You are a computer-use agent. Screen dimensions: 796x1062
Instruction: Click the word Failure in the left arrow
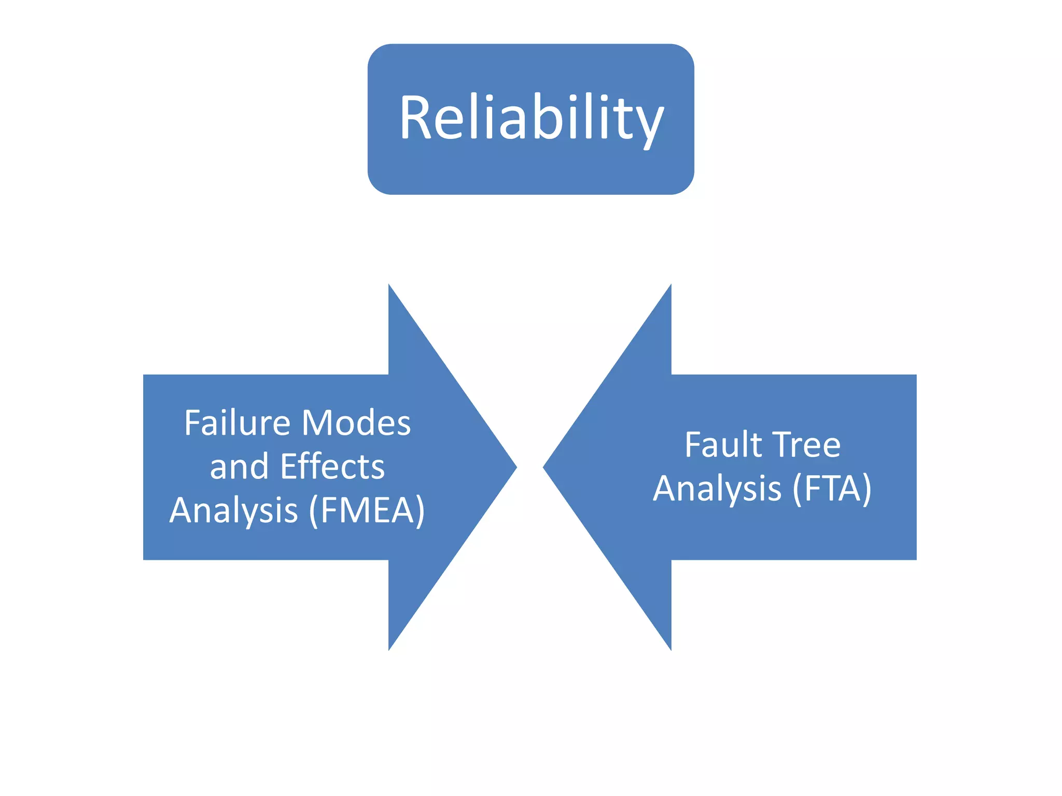pyautogui.click(x=236, y=423)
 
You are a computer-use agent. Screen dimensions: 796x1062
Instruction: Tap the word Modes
pyautogui.click(x=356, y=423)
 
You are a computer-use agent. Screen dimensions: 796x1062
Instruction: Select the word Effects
pyautogui.click(x=332, y=466)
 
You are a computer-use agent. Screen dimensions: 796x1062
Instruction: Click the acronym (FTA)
pyautogui.click(x=832, y=488)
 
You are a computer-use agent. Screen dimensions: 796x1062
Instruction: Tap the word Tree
pyautogui.click(x=807, y=445)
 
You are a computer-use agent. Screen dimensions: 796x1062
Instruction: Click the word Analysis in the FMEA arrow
pyautogui.click(x=234, y=510)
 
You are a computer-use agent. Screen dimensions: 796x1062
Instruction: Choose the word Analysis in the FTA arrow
pyautogui.click(x=717, y=488)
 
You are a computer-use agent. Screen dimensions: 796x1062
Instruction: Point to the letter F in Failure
pyautogui.click(x=193, y=423)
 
